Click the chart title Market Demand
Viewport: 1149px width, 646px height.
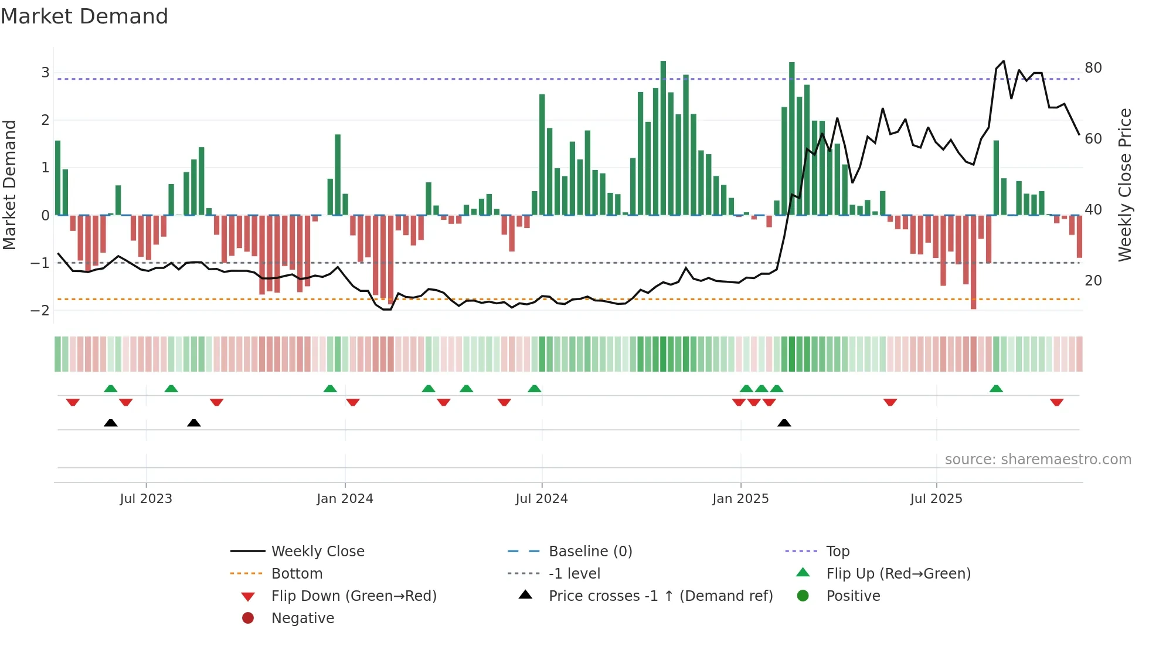84,16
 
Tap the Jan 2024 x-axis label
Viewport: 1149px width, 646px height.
345,499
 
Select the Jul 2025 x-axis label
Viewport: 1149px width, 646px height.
936,499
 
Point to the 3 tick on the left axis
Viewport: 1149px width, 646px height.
45,73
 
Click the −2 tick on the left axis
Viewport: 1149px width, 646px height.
40,311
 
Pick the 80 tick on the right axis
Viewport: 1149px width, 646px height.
1093,68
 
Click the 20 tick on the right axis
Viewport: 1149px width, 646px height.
1093,281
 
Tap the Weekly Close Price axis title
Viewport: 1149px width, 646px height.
1124,185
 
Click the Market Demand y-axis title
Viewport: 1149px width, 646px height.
10,185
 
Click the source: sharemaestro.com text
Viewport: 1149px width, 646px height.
1038,460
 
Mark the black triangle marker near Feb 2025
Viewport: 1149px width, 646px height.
784,423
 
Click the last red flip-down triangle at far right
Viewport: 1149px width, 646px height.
1056,402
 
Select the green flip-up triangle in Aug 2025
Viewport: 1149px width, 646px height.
996,389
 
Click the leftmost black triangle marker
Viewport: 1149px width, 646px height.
110,423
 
